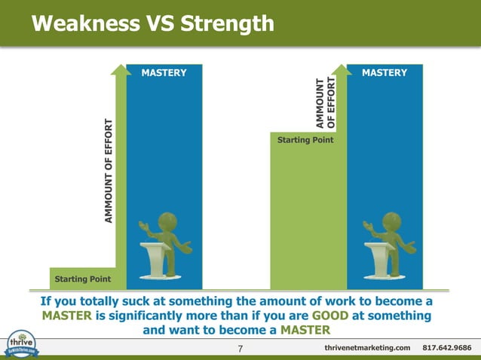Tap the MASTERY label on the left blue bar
(x=164, y=73)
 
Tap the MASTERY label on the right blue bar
(x=384, y=73)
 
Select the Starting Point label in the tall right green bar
(x=305, y=140)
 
